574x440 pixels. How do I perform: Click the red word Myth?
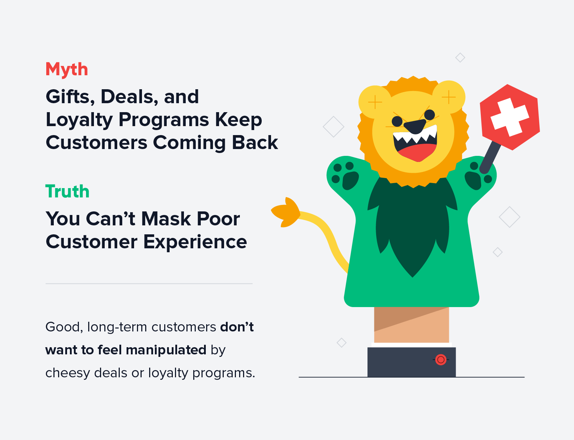click(x=67, y=69)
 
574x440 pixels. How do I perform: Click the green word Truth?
click(x=67, y=191)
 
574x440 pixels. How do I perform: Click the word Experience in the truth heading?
click(x=195, y=242)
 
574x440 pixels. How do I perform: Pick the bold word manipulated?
click(x=166, y=350)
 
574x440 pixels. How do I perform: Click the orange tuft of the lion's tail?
click(x=286, y=212)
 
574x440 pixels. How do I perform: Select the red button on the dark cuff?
click(x=441, y=359)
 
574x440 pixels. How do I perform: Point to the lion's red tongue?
click(x=416, y=153)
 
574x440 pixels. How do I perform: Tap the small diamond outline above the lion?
click(x=460, y=57)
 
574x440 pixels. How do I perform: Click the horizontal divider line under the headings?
click(x=149, y=283)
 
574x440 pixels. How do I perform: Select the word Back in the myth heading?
click(x=255, y=143)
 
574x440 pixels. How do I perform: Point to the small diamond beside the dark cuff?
click(x=341, y=343)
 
